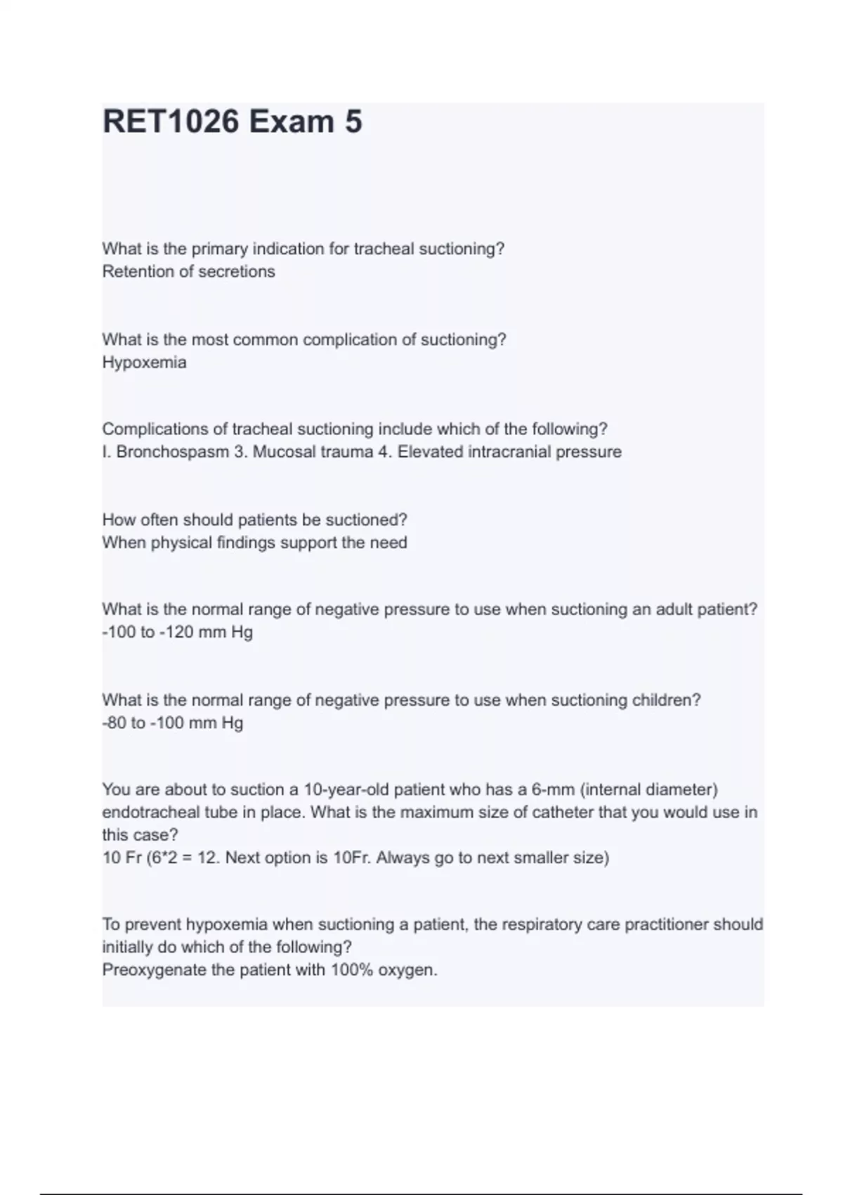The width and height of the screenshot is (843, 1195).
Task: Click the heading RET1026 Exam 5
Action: (x=233, y=122)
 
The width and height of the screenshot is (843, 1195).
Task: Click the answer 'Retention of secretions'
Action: (x=188, y=271)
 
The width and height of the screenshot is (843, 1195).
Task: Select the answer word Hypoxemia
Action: (x=145, y=363)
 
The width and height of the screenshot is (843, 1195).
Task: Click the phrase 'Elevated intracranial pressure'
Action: (x=509, y=452)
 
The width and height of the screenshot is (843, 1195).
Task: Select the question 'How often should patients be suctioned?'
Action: (x=254, y=520)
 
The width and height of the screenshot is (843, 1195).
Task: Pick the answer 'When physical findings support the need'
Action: (x=254, y=543)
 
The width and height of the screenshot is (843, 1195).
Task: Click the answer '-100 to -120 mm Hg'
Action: (x=177, y=632)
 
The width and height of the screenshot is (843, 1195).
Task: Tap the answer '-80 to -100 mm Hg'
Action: (x=173, y=723)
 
